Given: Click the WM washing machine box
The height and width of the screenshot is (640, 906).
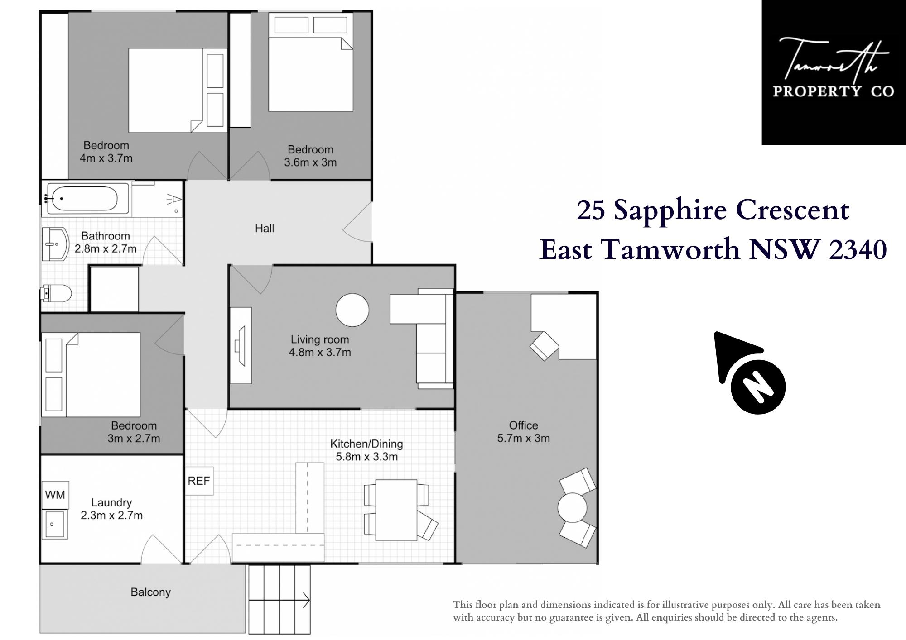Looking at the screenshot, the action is pos(55,495).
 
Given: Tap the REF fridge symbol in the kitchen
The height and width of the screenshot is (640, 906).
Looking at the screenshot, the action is pos(199,481).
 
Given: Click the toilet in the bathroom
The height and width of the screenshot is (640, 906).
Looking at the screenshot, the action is pos(56,294).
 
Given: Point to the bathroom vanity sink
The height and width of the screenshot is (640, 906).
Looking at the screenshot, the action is pos(55,244).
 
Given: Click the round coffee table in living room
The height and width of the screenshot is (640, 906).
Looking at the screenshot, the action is pos(352,310).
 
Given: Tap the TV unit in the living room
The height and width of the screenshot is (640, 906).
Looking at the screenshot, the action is pos(241,346).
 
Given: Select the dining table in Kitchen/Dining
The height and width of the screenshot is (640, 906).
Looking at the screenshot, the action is pos(396,510).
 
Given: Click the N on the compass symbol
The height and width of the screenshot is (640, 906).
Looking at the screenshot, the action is pos(758,387).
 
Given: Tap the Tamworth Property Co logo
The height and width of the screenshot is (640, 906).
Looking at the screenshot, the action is pos(834,72).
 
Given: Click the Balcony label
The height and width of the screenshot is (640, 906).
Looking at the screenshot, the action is pos(150,592).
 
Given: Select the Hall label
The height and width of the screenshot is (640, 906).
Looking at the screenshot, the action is pos(265,229).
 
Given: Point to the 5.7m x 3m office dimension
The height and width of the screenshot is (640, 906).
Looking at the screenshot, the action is pos(523,438).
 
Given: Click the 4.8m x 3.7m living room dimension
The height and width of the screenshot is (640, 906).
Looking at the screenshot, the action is pos(320,352).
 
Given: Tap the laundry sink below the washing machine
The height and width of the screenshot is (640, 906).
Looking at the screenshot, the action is pos(55,524).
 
